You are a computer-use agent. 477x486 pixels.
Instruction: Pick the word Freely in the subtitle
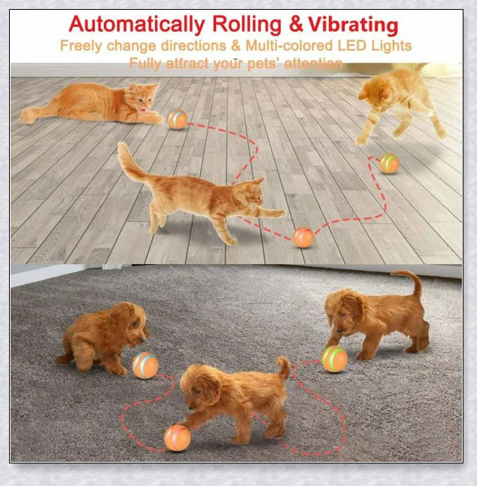(81, 45)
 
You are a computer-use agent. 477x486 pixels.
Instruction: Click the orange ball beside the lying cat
(177, 119)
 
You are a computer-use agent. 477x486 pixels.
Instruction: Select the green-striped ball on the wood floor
(389, 163)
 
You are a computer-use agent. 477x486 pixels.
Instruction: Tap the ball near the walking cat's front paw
(303, 238)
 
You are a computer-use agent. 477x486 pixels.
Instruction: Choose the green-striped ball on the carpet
(335, 359)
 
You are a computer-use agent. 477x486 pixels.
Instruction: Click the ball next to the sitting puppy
(145, 365)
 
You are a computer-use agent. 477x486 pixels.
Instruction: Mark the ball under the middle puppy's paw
(177, 437)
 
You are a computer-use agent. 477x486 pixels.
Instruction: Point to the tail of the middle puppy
(283, 368)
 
